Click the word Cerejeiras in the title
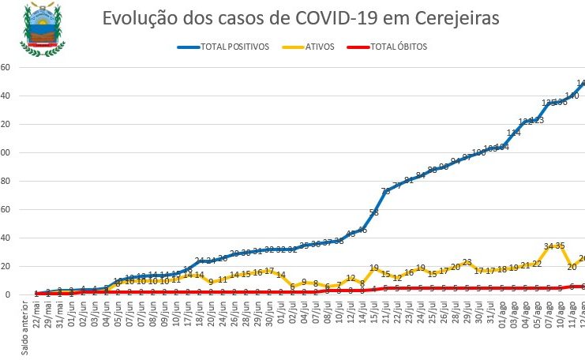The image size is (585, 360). [451, 18]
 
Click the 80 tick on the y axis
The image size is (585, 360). [4, 181]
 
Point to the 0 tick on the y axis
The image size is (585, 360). [6, 294]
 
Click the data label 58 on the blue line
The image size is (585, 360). [373, 212]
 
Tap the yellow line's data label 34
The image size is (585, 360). [548, 246]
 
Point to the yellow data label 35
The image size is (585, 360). [560, 246]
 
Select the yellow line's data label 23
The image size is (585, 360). [467, 262]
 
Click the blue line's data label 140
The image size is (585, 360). [572, 96]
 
